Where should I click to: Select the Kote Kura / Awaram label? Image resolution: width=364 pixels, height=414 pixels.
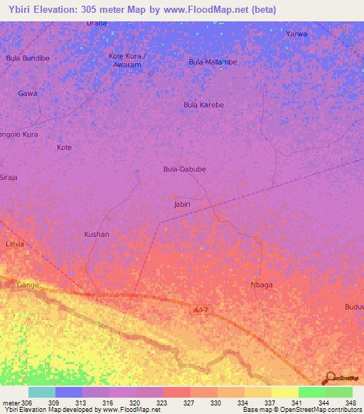click(127, 60)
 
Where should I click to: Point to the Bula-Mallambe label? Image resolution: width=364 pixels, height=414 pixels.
click(213, 62)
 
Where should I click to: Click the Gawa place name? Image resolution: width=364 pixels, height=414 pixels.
click(28, 93)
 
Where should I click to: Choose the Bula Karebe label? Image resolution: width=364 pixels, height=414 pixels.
click(203, 105)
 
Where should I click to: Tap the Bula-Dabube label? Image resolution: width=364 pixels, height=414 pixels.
click(184, 169)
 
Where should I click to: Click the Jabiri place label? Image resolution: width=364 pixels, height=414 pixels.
click(182, 204)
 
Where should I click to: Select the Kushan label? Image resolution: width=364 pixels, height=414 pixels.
click(97, 234)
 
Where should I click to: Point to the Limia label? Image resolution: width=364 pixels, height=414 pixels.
click(15, 244)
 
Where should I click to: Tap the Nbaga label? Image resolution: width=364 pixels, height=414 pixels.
click(262, 285)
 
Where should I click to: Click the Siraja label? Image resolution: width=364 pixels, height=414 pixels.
click(9, 177)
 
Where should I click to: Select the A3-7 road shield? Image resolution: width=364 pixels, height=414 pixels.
click(202, 310)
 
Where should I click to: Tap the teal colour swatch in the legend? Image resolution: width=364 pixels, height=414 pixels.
click(42, 392)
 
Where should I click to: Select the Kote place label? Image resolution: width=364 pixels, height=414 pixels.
click(64, 147)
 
